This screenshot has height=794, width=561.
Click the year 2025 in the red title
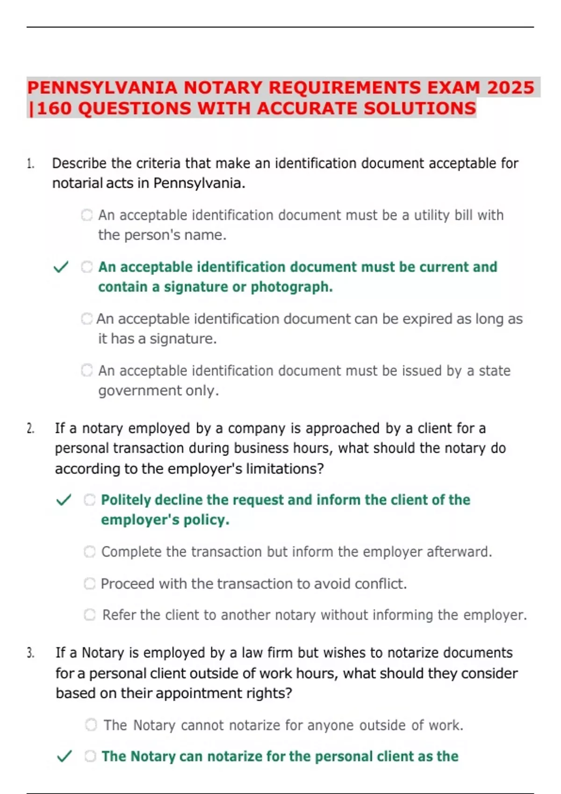[x=511, y=88]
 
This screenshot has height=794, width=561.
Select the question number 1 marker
[x=30, y=164]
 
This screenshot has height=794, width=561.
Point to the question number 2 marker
[x=30, y=429]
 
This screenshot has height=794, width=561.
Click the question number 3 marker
[x=30, y=653]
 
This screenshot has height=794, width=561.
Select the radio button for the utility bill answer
[x=87, y=215]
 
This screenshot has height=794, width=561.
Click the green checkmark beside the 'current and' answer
[x=61, y=267]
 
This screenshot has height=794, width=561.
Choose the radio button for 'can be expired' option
[x=87, y=319]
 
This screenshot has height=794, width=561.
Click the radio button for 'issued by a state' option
[x=87, y=370]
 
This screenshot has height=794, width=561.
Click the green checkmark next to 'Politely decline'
[x=64, y=500]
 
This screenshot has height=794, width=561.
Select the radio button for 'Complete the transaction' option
[x=90, y=552]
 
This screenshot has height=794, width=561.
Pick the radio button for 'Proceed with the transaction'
[x=90, y=583]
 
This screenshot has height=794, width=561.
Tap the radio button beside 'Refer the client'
[x=90, y=615]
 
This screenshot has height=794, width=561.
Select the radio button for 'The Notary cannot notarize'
[x=91, y=725]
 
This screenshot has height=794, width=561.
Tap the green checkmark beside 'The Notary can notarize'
[x=64, y=756]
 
